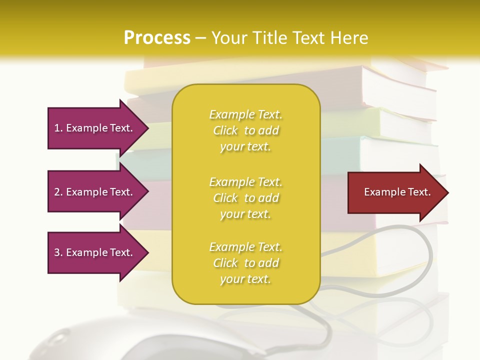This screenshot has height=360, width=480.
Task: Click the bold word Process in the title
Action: (x=157, y=38)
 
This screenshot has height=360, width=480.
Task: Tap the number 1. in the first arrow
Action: (x=58, y=128)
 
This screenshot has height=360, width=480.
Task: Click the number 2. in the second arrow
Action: (x=58, y=192)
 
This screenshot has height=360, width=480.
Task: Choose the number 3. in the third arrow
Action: (x=58, y=252)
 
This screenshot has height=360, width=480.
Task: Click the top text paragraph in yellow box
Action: (x=245, y=130)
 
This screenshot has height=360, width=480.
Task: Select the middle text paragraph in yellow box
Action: (x=245, y=198)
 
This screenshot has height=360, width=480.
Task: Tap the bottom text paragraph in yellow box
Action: (x=245, y=263)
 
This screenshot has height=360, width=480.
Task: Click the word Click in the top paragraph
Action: (x=225, y=130)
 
